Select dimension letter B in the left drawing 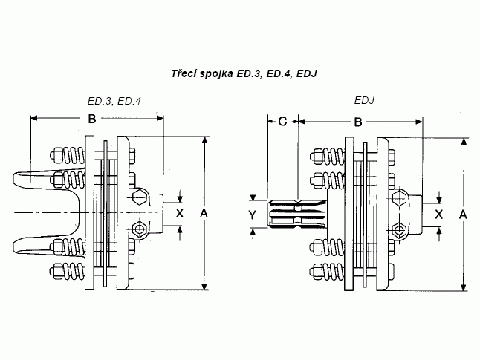(92, 120)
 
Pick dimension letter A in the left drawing (205, 213)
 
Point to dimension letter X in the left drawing (178, 212)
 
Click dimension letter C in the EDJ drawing (282, 122)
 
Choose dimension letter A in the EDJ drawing (463, 214)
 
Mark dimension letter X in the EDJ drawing (438, 214)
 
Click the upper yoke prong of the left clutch (45, 179)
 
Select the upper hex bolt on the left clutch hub (138, 197)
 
